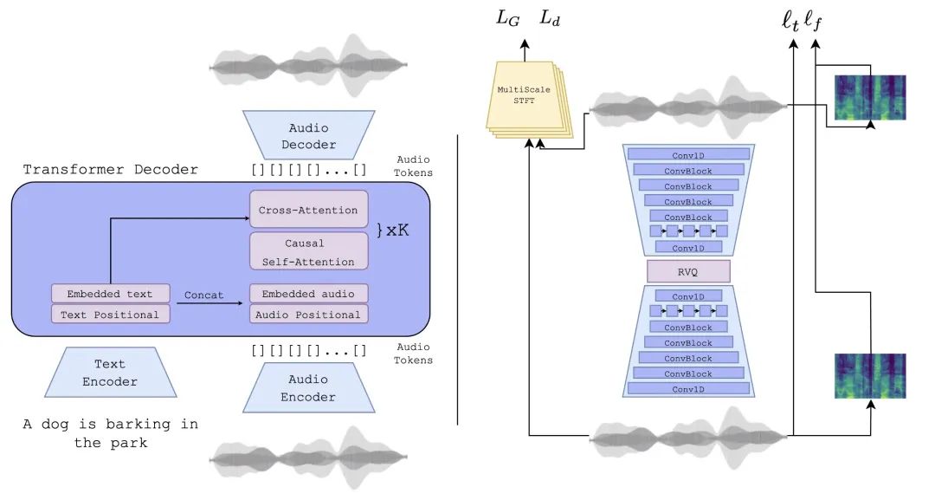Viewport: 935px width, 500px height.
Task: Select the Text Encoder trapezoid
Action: coord(109,373)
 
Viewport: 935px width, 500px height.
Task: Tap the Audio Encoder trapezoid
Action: coord(308,387)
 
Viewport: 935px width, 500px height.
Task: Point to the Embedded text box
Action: coord(109,294)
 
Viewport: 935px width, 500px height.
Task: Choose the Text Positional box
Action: coord(109,315)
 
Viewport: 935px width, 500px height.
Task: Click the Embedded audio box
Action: coord(308,294)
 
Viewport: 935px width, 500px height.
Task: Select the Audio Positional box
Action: coord(308,315)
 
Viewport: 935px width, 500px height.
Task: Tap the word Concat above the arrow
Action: coord(203,295)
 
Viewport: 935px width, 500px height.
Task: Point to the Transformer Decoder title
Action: coord(110,170)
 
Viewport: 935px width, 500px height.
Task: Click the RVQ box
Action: coord(689,270)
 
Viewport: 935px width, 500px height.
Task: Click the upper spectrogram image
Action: coord(869,98)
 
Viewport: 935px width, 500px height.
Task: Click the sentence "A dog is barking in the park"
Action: coord(109,433)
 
